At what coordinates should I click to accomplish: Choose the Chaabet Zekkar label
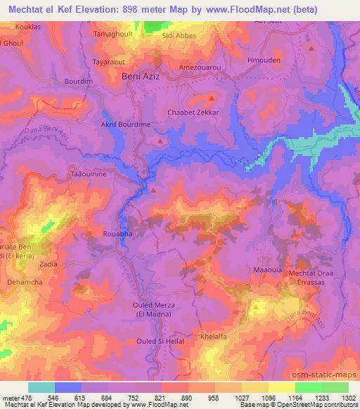(x=193, y=112)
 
